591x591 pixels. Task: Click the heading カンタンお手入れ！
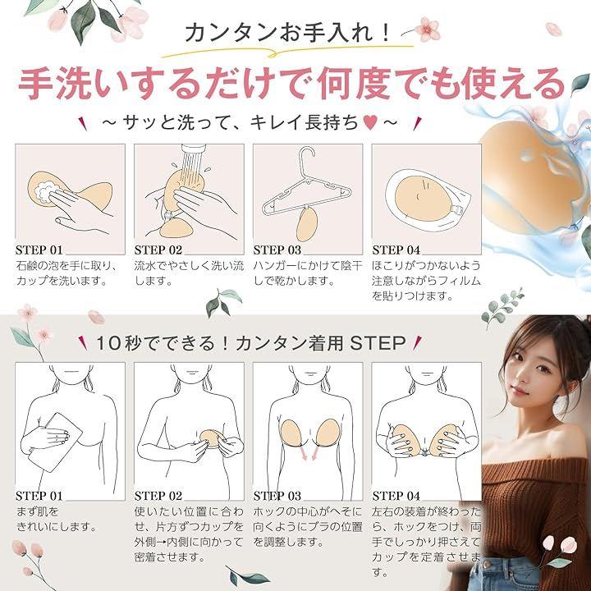287,33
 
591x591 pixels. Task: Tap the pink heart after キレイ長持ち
371,122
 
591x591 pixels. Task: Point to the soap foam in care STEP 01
47,190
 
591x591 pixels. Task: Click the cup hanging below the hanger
308,224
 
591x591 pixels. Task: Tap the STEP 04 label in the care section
396,250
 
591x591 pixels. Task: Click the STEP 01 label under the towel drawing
39,496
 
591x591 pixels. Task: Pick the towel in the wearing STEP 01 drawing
56,442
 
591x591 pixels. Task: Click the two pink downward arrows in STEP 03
309,451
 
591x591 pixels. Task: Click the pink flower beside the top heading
428,29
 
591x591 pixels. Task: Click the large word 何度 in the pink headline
350,83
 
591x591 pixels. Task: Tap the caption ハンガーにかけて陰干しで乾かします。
308,273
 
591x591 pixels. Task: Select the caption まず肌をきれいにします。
57,520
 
